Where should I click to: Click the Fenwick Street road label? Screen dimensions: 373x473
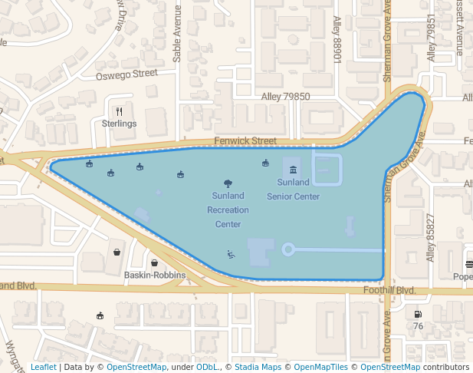[245, 141]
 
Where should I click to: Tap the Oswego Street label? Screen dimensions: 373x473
[126, 75]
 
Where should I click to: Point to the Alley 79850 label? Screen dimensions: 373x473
[285, 97]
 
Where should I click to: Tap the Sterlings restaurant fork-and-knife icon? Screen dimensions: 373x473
[119, 111]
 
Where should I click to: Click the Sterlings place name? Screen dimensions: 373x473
[119, 124]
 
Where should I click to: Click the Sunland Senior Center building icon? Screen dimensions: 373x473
[294, 169]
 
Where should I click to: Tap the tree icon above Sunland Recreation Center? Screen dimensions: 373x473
[228, 183]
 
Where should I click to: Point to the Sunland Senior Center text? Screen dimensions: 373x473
[293, 189]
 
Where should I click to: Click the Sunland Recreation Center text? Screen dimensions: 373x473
[228, 210]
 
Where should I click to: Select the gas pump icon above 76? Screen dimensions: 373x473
[418, 313]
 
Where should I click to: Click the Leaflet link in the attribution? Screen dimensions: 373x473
[43, 367]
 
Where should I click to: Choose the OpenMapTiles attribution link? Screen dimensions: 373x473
[320, 367]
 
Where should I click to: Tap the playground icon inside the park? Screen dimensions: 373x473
[231, 254]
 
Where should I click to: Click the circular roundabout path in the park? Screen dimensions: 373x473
[288, 249]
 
